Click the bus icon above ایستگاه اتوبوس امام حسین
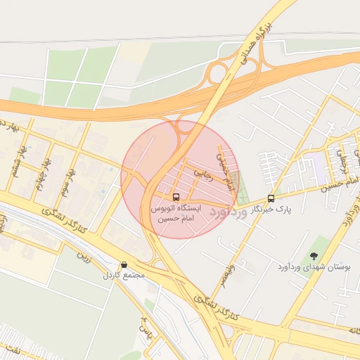click(176, 197)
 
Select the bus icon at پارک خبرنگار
click(271, 199)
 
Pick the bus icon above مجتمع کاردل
click(124, 264)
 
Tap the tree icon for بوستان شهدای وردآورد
click(313, 257)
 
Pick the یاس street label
click(146, 326)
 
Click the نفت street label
click(17, 349)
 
